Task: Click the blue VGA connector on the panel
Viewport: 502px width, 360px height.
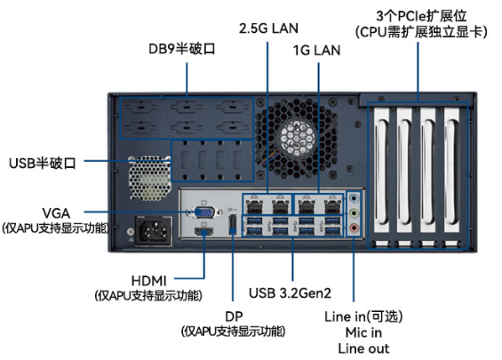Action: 205,212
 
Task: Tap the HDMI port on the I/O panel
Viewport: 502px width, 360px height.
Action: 204,232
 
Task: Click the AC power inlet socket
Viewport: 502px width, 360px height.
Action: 154,231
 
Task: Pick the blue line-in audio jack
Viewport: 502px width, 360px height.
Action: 354,198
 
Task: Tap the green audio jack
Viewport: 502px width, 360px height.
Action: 354,213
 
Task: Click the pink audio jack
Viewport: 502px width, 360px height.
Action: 354,228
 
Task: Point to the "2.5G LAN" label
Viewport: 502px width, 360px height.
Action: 268,28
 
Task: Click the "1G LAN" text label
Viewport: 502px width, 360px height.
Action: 316,51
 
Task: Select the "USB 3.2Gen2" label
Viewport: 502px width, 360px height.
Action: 290,292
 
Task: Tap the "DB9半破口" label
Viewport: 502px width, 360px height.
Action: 182,49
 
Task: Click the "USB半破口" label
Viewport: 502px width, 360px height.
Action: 43,163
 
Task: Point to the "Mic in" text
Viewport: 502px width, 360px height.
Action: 363,332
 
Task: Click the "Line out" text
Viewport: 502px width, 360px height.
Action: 363,348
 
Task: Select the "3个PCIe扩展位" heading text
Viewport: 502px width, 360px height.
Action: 421,16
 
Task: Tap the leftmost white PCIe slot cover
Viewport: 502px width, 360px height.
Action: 382,171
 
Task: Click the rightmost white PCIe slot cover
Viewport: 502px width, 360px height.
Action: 451,171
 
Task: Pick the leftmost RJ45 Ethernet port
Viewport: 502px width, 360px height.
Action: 255,205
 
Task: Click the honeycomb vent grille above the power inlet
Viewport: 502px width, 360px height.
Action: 149,178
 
